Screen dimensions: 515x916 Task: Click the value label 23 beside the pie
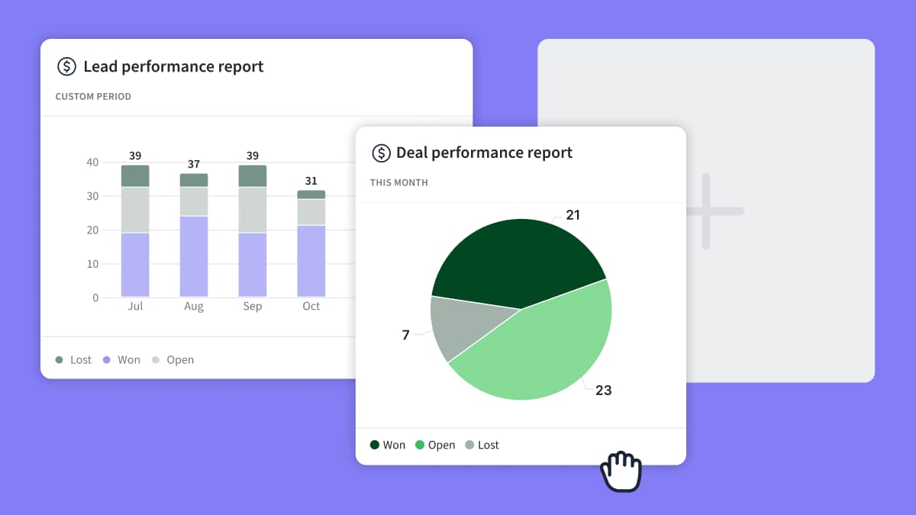coord(603,390)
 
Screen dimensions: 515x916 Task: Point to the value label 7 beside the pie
coord(406,335)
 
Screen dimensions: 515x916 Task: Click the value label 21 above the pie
coord(572,215)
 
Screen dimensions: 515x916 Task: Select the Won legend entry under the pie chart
coord(388,445)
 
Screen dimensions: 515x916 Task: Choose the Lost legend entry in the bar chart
coord(73,359)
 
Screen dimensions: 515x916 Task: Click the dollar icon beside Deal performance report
coord(381,153)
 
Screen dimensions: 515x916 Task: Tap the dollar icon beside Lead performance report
coord(67,66)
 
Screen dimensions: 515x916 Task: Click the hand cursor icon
coord(621,472)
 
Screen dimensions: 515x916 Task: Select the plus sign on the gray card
coord(706,211)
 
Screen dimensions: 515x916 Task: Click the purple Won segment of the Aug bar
coord(194,256)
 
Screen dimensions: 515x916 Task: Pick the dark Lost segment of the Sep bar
coord(253,175)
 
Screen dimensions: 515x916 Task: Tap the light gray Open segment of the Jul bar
coord(135,210)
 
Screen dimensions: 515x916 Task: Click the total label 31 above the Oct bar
coord(311,181)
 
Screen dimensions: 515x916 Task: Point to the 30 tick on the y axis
coord(92,196)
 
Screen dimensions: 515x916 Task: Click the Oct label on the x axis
coord(311,306)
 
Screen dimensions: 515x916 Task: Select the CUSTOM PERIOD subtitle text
coord(93,97)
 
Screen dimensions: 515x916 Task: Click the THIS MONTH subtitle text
coord(398,183)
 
